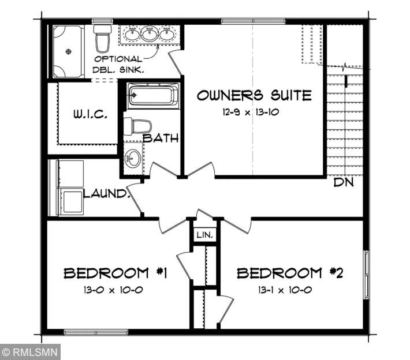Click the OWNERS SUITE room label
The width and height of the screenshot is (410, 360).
tap(254, 95)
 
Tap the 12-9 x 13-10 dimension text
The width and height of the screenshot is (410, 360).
tap(251, 112)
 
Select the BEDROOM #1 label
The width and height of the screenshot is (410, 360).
tap(115, 273)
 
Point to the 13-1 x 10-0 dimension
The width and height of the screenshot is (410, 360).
tap(285, 290)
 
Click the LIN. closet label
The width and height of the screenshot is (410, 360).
tap(205, 235)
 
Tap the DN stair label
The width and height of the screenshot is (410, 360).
tap(344, 182)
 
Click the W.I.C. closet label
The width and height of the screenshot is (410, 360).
tap(90, 114)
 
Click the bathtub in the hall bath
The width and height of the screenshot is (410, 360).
tap(153, 95)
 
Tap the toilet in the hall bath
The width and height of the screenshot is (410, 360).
tap(137, 126)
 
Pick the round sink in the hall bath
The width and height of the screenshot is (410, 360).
tap(133, 158)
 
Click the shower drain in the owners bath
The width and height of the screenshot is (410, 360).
tap(69, 51)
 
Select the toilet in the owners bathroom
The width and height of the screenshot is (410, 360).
tap(102, 39)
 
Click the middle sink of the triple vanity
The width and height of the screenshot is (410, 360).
tap(150, 33)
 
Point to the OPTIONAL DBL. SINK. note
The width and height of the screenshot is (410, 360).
tap(118, 64)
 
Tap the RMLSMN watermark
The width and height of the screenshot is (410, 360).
tap(31, 352)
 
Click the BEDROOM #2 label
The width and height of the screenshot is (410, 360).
tap(290, 273)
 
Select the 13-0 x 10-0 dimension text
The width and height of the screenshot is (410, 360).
tap(113, 290)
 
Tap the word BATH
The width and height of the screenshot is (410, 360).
tap(161, 138)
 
